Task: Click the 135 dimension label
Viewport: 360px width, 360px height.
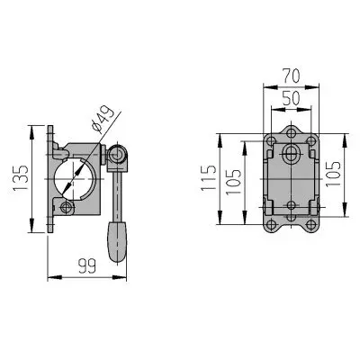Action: click(x=21, y=177)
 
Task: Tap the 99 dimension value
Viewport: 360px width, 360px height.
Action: click(x=87, y=265)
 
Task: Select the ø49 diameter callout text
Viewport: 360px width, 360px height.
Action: click(x=103, y=120)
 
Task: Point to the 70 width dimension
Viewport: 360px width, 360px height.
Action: click(x=291, y=76)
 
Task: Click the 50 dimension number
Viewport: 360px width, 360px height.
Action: click(x=291, y=98)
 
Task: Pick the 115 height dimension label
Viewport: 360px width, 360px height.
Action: click(x=208, y=177)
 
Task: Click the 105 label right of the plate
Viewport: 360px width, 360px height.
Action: click(x=333, y=174)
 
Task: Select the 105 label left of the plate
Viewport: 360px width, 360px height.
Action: click(x=233, y=182)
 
